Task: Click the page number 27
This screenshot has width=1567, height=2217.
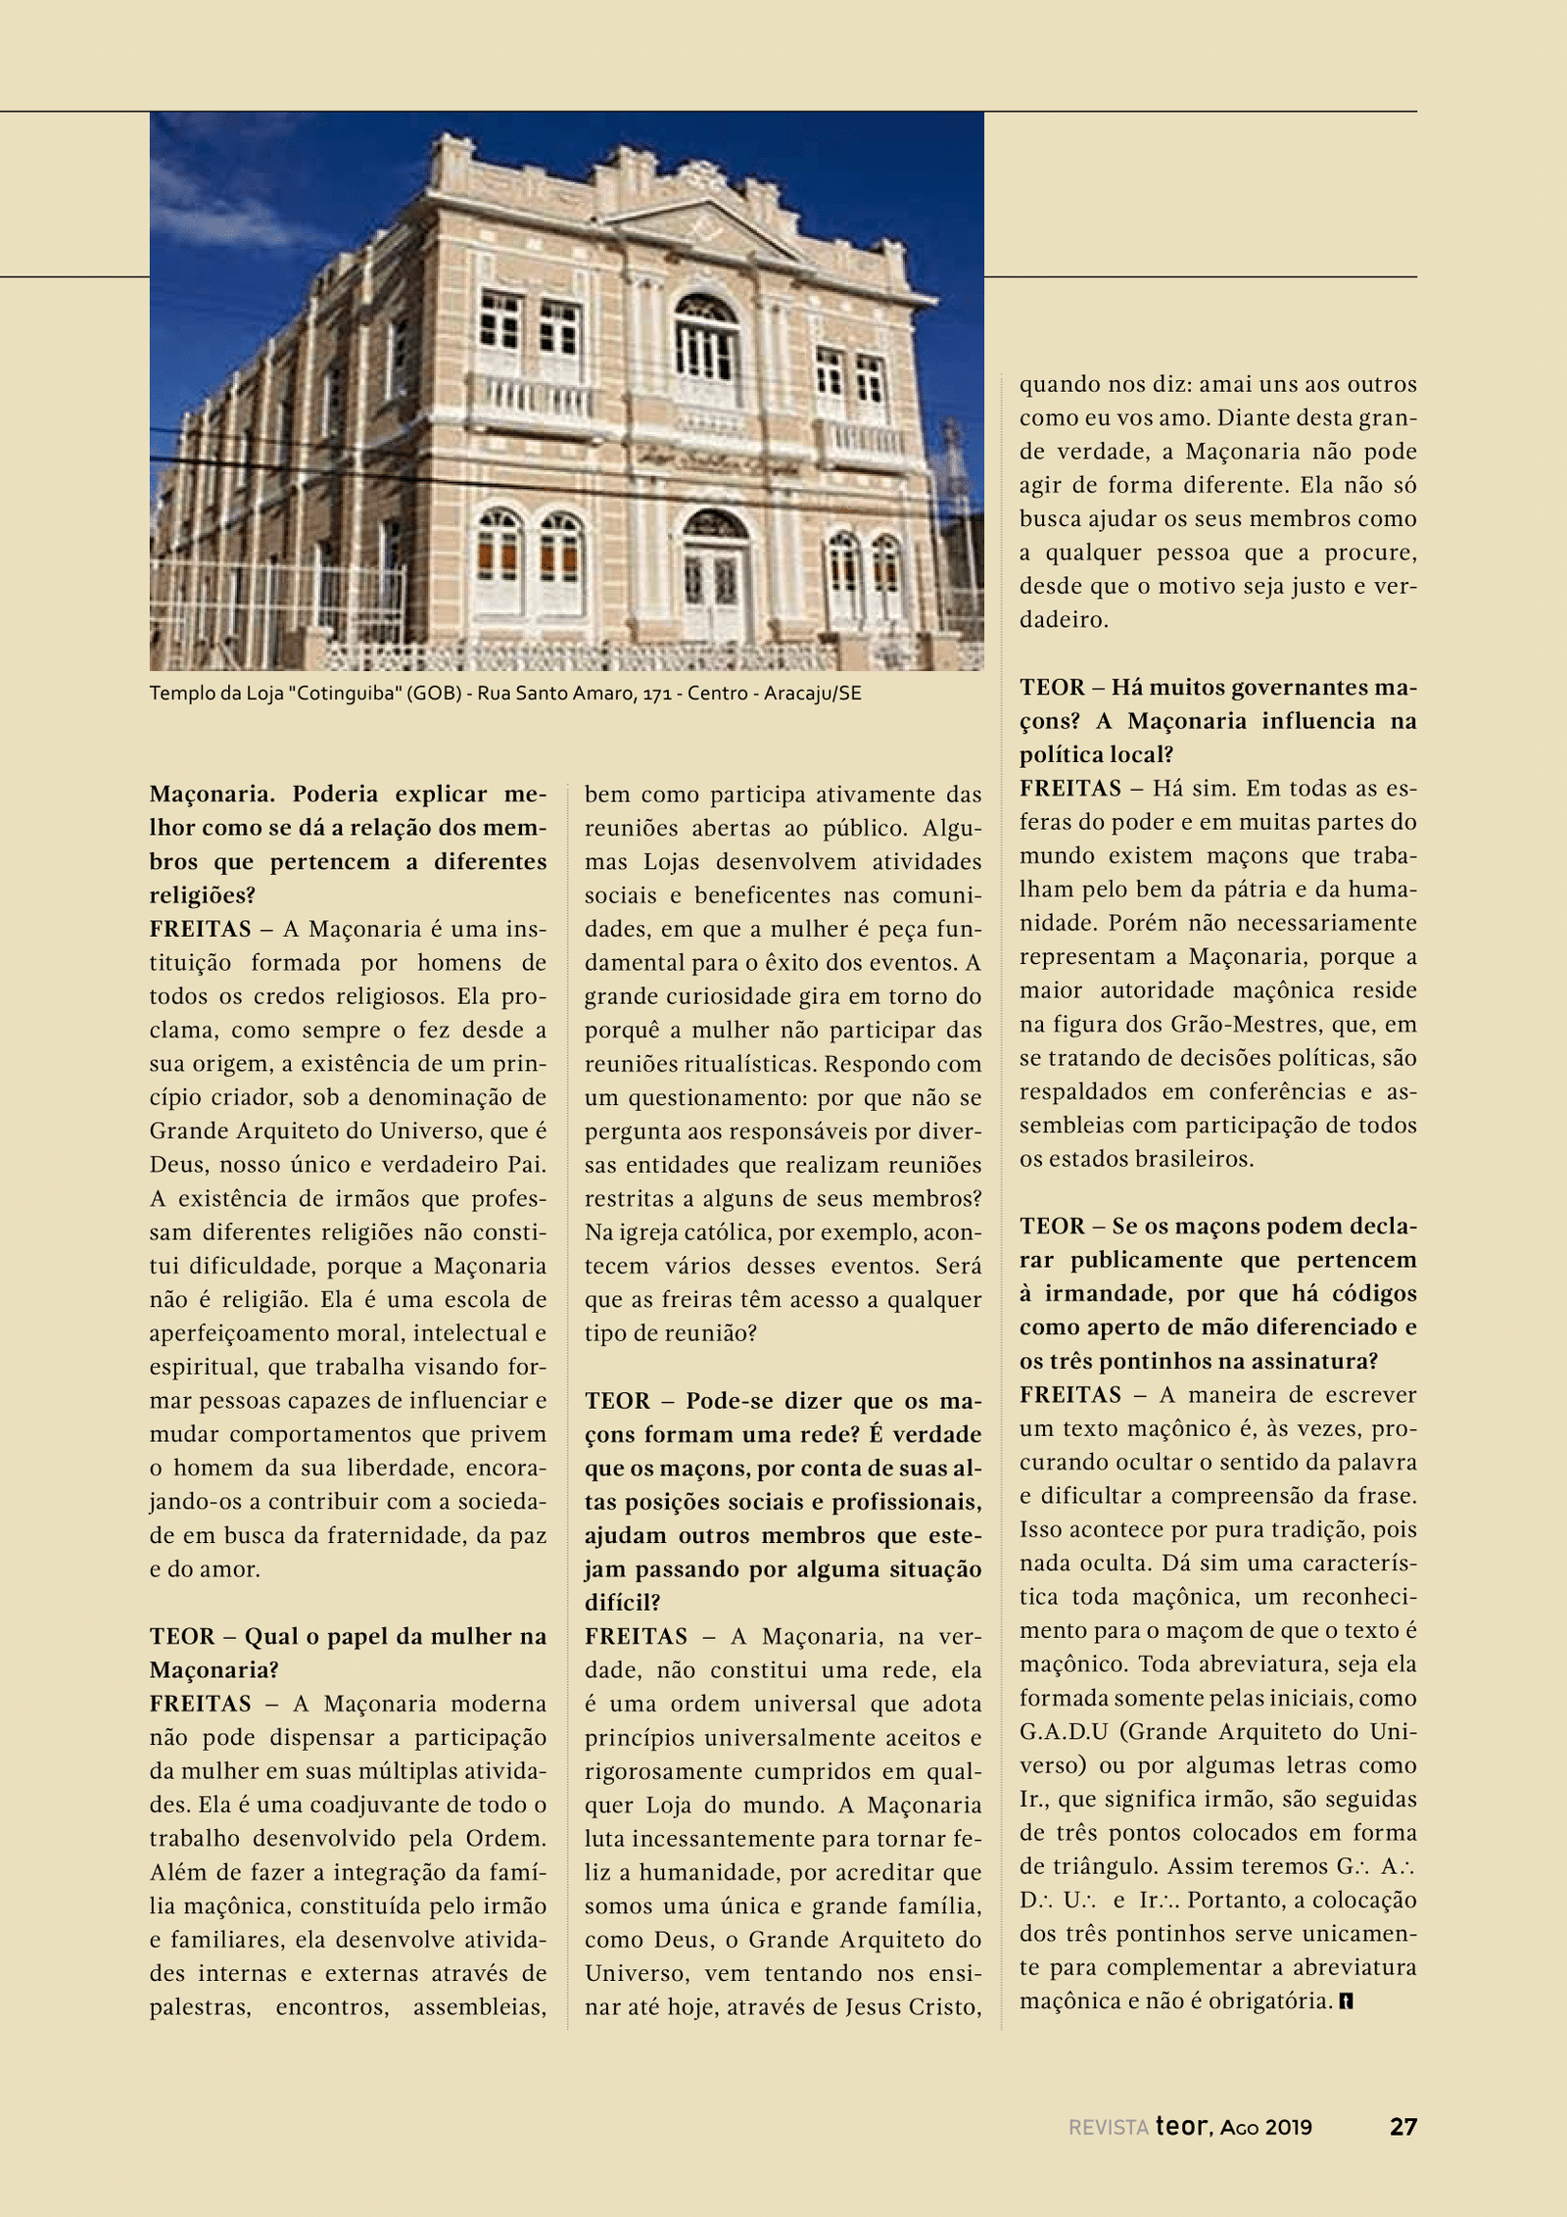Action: coord(1402,2126)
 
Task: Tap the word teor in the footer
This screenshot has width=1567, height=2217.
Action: coord(1183,2126)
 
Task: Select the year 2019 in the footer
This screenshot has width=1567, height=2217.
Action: coord(1288,2127)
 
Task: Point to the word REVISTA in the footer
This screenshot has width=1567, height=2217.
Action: coord(1108,2128)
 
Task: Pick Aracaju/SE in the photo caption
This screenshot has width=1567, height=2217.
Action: coord(812,694)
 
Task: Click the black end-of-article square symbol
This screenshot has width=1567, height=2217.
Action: coord(1348,2000)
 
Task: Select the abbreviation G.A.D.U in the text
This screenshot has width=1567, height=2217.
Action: coord(1064,1732)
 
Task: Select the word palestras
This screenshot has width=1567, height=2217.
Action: coord(200,2007)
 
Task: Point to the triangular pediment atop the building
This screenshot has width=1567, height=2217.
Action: coord(703,229)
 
